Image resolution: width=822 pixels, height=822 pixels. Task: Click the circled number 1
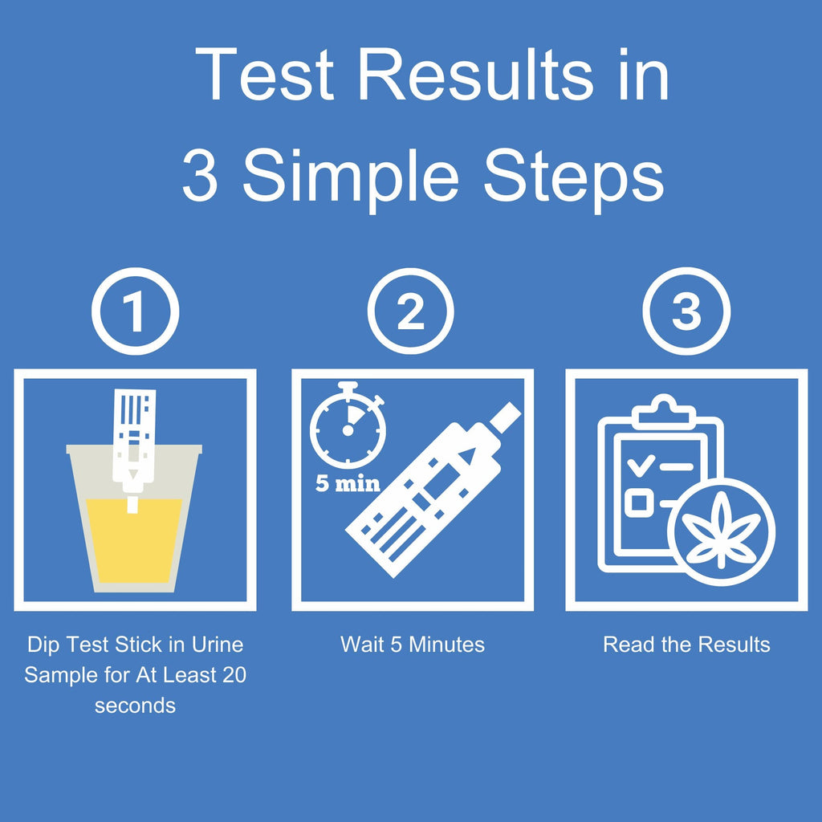click(x=135, y=311)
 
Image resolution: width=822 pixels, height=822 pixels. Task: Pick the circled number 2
click(x=410, y=311)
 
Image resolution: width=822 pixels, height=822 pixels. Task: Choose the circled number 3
click(x=686, y=311)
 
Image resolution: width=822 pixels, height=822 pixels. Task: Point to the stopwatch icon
click(x=348, y=425)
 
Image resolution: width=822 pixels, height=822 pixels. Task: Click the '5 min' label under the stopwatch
click(x=348, y=482)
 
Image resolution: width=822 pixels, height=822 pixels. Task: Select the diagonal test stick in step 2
click(x=433, y=490)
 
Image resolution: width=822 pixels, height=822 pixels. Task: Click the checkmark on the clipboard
click(x=641, y=465)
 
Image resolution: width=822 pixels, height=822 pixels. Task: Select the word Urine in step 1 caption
click(x=217, y=645)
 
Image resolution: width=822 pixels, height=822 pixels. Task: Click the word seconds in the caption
click(x=135, y=706)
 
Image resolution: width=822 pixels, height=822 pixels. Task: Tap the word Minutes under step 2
click(x=446, y=645)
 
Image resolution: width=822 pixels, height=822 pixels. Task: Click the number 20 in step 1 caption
click(x=234, y=675)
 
